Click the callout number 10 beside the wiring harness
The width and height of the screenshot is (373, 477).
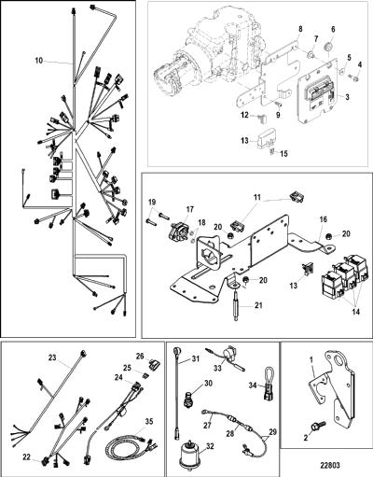click(38, 61)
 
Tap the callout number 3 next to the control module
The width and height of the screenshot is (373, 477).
click(347, 97)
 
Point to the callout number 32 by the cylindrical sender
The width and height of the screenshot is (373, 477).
click(210, 446)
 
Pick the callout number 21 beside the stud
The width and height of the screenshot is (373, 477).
click(258, 305)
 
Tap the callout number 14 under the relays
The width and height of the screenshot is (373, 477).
click(355, 312)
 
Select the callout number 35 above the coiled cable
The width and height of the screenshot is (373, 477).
click(149, 422)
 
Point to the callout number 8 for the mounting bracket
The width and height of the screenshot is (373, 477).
click(300, 29)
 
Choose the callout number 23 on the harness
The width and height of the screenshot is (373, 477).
click(52, 358)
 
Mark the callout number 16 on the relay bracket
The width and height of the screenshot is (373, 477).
click(324, 219)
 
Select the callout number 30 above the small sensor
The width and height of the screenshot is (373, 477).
click(208, 383)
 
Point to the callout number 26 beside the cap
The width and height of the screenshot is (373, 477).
click(140, 356)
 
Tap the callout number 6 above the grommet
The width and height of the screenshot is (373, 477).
click(333, 29)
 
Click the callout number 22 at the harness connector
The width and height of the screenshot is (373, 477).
click(26, 457)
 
